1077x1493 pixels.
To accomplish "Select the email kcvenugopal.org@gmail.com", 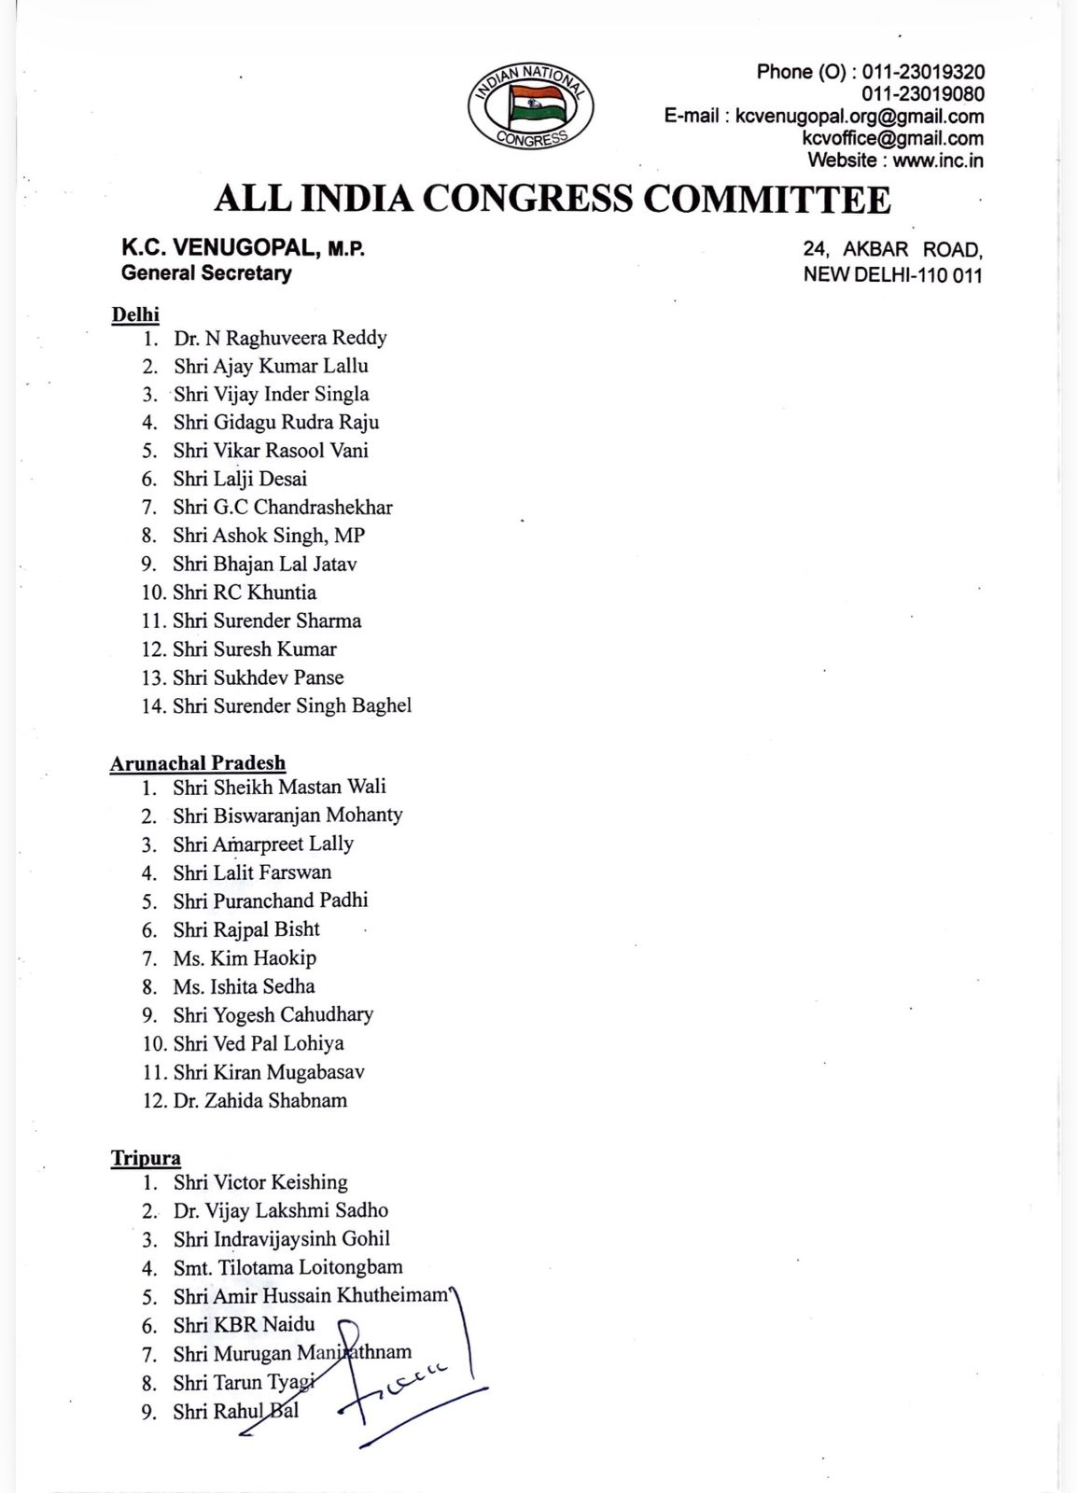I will (860, 117).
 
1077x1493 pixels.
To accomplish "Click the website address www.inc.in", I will (938, 160).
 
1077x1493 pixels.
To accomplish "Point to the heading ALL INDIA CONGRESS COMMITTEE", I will (552, 199).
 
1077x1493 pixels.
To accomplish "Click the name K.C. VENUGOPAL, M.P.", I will (243, 249).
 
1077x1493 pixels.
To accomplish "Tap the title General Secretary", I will (206, 273).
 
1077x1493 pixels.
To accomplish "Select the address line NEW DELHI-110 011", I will (893, 275).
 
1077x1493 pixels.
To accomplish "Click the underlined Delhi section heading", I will (135, 314).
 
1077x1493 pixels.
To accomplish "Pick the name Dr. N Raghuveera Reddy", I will (280, 338).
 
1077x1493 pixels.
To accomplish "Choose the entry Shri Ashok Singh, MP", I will (269, 536).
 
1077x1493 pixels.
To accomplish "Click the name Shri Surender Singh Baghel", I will (292, 705).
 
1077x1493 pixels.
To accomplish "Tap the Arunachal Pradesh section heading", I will (198, 763).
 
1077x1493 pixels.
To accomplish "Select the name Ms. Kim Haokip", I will (245, 957).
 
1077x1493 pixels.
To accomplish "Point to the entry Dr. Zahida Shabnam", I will (260, 1100).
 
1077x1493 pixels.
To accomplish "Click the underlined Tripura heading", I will (146, 1158).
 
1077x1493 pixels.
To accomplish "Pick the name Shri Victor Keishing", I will (260, 1182).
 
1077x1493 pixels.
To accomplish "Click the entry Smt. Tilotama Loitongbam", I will (288, 1267).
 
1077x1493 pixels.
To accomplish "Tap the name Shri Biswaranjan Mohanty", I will (287, 815).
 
